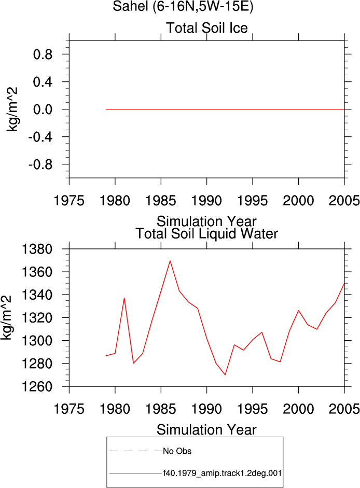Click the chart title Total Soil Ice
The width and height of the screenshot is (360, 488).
coord(207,28)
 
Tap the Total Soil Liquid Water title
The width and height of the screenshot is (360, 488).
coord(207,234)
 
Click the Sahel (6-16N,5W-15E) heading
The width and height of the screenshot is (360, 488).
coord(183,6)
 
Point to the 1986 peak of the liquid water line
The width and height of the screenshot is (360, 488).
coord(170,261)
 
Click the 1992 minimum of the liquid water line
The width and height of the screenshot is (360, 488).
coord(225,375)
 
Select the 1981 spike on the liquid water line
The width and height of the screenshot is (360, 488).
coord(124,298)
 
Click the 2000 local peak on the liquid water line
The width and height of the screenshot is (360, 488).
coord(299,310)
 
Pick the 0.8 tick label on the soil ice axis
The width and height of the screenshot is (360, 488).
coord(43,54)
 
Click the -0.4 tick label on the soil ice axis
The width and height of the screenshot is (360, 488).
coord(40,137)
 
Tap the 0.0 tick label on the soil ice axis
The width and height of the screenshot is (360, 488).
coord(43,109)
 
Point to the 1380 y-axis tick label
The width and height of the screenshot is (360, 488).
coord(36,249)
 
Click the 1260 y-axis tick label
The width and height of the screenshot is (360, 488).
coord(36,386)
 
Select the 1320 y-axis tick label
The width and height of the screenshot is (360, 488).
coord(36,318)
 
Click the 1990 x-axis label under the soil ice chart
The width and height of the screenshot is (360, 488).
coord(206,201)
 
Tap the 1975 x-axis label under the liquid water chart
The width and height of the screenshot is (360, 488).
coord(69,409)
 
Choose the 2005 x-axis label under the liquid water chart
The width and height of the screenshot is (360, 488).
coord(344,409)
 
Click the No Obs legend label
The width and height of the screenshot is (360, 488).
coord(177,451)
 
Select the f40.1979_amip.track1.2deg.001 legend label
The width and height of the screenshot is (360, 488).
coord(223,473)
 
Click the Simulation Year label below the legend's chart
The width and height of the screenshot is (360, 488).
coord(206,430)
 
